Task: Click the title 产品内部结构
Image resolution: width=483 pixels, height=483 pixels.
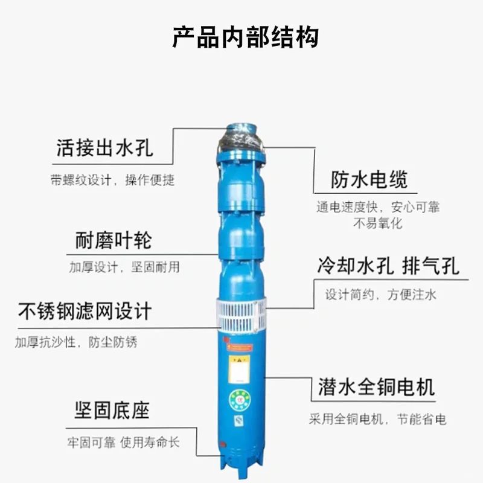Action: pos(245,37)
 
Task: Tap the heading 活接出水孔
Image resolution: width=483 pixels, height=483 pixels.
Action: pos(104,148)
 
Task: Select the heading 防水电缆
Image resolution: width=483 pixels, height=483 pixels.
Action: pos(369,179)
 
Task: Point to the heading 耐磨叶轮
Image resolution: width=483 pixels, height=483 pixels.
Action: pos(114,240)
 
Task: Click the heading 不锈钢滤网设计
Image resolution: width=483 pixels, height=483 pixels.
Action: pos(85,311)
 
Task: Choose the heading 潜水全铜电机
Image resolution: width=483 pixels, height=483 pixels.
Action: pos(376,387)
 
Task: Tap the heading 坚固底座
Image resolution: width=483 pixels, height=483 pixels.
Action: pos(112,411)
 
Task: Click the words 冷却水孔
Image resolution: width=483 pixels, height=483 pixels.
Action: pos(356,266)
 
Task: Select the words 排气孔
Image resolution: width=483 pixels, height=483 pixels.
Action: pos(430,266)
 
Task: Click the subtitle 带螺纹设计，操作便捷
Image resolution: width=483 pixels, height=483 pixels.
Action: pos(112,180)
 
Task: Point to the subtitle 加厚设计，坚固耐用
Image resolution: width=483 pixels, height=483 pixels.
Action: pos(124,267)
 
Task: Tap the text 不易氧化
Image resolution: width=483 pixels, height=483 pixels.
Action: pos(378,223)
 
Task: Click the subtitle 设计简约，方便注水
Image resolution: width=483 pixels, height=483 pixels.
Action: pos(381,295)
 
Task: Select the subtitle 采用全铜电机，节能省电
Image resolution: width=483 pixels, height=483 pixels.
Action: pos(378,419)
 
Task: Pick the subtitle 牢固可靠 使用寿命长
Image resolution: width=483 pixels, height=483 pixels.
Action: pos(123,443)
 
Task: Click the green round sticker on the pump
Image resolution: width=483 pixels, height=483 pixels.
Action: pos(239,400)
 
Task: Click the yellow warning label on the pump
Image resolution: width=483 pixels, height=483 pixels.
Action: pos(239,369)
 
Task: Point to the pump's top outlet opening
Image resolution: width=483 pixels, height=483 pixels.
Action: pos(241,127)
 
